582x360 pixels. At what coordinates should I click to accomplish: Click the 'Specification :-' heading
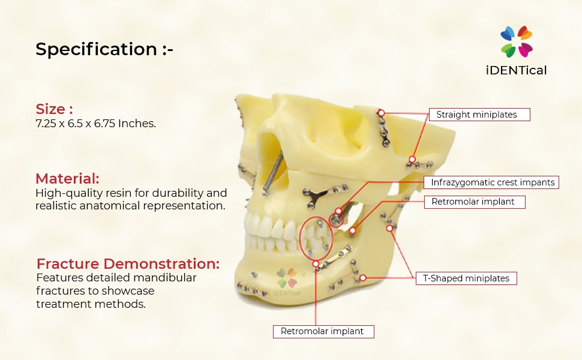(104, 50)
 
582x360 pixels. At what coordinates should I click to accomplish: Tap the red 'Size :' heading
(54, 109)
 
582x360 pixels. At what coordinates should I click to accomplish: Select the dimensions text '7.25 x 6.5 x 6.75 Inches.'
(95, 124)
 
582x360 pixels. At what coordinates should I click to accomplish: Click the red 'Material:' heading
(67, 179)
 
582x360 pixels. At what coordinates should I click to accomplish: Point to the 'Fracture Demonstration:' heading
(128, 264)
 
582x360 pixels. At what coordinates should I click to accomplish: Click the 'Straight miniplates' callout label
(479, 115)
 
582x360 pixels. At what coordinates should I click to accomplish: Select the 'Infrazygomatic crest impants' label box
(492, 182)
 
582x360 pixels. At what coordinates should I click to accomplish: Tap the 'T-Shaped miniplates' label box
(466, 278)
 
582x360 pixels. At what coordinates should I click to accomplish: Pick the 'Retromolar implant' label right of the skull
(473, 202)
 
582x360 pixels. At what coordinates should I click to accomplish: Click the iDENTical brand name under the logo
(516, 70)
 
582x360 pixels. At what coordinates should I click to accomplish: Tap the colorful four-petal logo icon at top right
(516, 41)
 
